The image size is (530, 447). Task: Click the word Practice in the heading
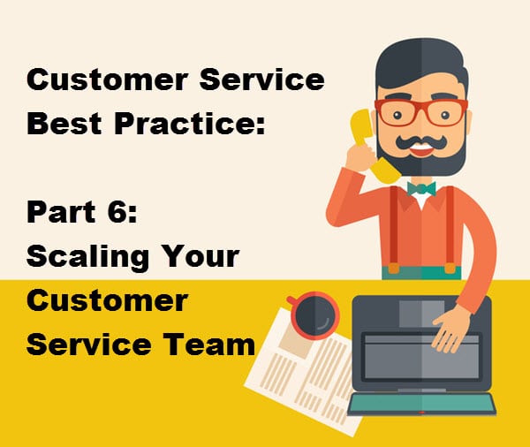[x=190, y=123]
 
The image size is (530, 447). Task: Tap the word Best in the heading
[x=64, y=123]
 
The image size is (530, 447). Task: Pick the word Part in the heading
[x=61, y=212]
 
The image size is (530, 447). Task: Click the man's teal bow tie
[x=421, y=189]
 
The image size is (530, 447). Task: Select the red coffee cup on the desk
[x=314, y=315]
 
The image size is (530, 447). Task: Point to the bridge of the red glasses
[x=421, y=106]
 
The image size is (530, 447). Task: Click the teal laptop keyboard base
[x=421, y=404]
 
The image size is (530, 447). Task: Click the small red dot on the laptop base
[x=421, y=413]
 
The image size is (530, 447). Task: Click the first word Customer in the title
[x=107, y=80]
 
